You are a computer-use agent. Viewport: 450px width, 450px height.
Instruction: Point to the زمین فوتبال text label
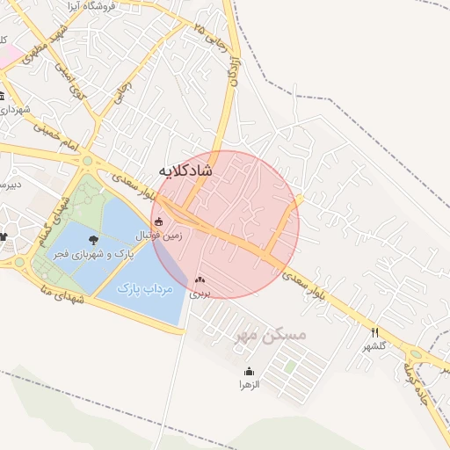(158, 236)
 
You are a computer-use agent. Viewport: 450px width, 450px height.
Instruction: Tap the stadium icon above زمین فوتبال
(158, 221)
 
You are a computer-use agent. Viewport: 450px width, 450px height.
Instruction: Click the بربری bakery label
(200, 294)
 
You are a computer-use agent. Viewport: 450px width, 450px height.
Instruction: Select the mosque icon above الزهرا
(250, 371)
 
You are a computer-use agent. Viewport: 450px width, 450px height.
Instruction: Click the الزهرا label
(250, 384)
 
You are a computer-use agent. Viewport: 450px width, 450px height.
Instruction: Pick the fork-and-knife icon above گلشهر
(375, 332)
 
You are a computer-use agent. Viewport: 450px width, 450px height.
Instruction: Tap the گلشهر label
(375, 346)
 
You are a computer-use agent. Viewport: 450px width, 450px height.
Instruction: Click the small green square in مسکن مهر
(289, 366)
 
